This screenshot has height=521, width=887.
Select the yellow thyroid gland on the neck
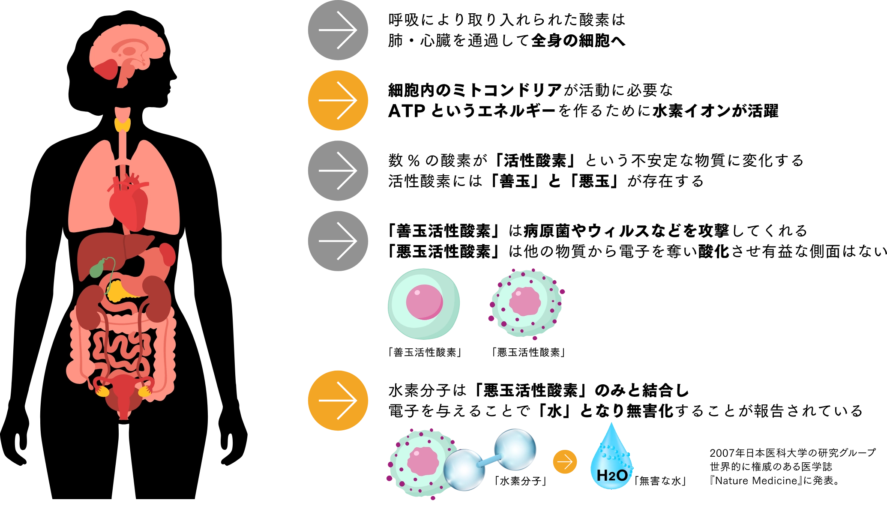pos(123,125)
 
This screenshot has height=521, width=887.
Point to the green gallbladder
pos(97,269)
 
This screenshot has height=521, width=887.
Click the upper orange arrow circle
pos(338,100)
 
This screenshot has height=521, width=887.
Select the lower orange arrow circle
pos(338,401)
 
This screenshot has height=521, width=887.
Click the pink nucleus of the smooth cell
pos(424,302)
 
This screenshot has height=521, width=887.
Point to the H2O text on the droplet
pos(612,475)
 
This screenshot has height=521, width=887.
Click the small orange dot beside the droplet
pos(565,462)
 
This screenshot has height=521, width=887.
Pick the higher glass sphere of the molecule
pos(515,449)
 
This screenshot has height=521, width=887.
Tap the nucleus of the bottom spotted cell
pos(423,461)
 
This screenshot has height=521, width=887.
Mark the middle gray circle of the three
pos(338,171)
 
